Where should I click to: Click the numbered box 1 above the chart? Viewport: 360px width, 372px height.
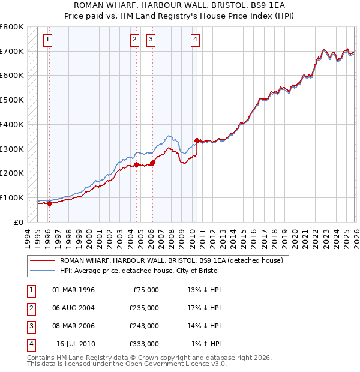coord(47,40)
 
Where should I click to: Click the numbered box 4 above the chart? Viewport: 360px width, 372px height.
coord(196,40)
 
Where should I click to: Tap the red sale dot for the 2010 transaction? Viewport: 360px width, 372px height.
coord(197,140)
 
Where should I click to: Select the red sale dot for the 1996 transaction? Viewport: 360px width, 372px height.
coord(49,203)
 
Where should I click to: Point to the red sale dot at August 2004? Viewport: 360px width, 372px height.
coord(136,164)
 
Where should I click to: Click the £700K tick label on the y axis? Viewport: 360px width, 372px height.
coord(12,52)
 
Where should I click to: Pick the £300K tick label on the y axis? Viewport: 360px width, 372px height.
coord(12,149)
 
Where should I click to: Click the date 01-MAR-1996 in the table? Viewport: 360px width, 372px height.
coord(73,290)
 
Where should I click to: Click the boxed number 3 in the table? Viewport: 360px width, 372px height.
coord(31,326)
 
